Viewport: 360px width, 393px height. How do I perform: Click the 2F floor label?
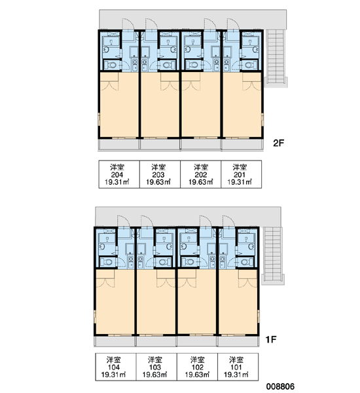[x=279, y=143]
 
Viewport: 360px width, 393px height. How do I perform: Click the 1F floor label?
[x=271, y=339]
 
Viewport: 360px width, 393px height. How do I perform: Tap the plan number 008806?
[x=280, y=386]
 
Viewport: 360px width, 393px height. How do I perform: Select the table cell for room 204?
[x=119, y=174]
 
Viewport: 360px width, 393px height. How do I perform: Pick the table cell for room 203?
[x=160, y=174]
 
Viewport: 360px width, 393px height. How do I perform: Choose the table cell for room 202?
[x=201, y=174]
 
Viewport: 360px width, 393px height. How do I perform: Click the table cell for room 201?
[x=242, y=174]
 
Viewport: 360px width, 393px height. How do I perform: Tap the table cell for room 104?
[x=116, y=367]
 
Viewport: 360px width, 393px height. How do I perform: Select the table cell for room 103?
[x=156, y=367]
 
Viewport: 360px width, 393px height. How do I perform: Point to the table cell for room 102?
[x=198, y=367]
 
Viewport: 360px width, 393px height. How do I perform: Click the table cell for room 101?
[x=238, y=367]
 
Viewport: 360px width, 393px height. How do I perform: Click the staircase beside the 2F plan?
[x=276, y=58]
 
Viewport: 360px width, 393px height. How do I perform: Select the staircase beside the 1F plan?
[x=272, y=255]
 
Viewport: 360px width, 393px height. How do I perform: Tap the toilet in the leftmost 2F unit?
[x=111, y=65]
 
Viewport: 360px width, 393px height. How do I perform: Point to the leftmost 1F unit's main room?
[x=115, y=302]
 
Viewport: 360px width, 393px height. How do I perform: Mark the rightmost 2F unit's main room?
[x=242, y=105]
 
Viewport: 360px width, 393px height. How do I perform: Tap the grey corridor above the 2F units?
[x=193, y=19]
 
